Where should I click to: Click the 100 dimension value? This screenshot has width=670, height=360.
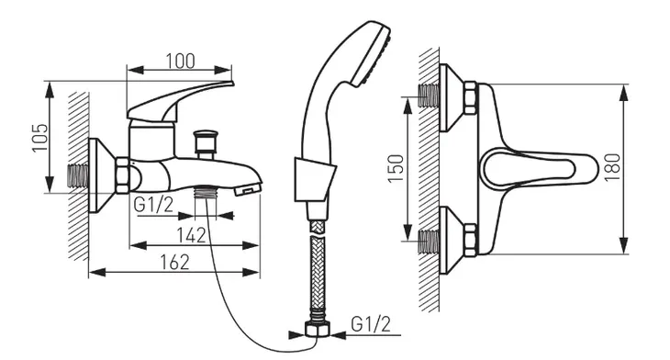[x=180, y=61]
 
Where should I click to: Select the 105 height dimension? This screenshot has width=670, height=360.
[x=40, y=137]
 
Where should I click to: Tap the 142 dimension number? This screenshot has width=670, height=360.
[x=192, y=235]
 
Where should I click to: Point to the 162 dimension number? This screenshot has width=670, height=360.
[x=174, y=262]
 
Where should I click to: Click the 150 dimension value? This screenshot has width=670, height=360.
[x=396, y=168]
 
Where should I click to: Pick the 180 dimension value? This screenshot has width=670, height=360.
[x=613, y=167]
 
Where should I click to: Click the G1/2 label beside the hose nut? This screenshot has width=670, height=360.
[x=371, y=324]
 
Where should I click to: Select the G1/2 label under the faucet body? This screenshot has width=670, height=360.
[x=153, y=205]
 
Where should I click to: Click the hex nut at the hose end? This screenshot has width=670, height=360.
[x=318, y=330]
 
